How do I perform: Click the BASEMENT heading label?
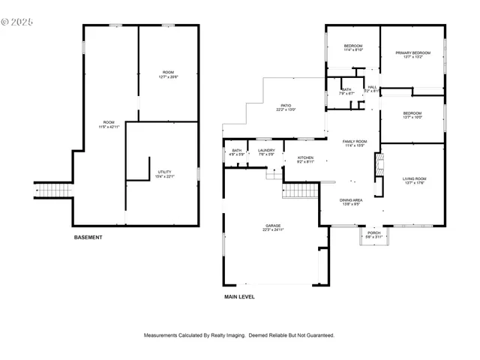tap(88, 238)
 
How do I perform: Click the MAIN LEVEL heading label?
tap(239, 297)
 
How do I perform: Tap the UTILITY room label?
tap(164, 174)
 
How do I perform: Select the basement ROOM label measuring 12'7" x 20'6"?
tap(168, 74)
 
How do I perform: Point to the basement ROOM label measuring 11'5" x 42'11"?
tap(109, 124)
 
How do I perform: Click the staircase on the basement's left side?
tap(52, 190)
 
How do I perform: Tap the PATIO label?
tap(286, 107)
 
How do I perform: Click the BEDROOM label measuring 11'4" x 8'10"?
tap(353, 49)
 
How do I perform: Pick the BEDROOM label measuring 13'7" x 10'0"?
tap(413, 115)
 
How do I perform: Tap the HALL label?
tap(372, 88)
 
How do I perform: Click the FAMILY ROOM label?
tap(355, 143)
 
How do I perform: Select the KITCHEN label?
tap(305, 159)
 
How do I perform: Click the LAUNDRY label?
tap(266, 152)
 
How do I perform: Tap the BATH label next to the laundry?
tap(237, 152)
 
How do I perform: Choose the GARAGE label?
tap(272, 226)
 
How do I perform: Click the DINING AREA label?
tap(352, 202)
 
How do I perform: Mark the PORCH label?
tap(373, 235)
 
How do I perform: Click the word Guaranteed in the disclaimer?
tap(318, 335)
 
